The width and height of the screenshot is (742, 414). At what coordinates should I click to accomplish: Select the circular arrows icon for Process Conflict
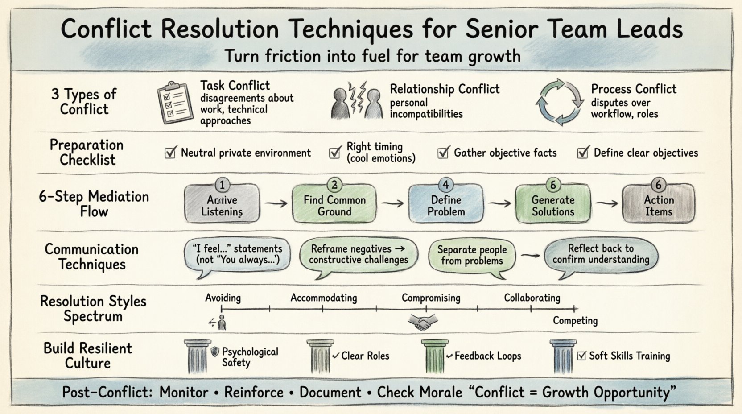[560, 102]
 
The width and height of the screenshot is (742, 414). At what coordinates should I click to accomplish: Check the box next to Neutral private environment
[170, 153]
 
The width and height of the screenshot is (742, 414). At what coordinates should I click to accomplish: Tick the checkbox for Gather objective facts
[443, 153]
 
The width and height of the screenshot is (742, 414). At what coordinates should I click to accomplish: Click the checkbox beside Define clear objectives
[582, 153]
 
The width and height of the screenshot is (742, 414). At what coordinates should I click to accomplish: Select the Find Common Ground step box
[334, 206]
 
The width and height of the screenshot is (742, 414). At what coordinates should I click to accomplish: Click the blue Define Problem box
[446, 206]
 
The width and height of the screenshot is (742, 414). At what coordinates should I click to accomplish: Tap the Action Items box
[658, 206]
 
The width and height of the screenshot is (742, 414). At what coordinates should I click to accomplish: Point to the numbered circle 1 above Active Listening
[222, 185]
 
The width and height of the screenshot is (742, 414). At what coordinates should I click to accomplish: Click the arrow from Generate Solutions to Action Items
[606, 203]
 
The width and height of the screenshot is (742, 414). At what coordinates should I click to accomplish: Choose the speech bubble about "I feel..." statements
[237, 254]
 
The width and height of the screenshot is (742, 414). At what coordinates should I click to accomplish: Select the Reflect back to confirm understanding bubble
[601, 254]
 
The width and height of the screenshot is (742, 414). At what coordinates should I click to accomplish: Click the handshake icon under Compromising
[423, 321]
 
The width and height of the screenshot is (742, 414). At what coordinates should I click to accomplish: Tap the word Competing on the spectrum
[575, 321]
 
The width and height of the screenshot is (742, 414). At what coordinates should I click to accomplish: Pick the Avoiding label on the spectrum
[223, 298]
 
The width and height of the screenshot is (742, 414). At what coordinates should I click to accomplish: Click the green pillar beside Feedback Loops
[434, 356]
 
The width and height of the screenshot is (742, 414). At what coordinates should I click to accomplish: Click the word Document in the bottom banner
[330, 393]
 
